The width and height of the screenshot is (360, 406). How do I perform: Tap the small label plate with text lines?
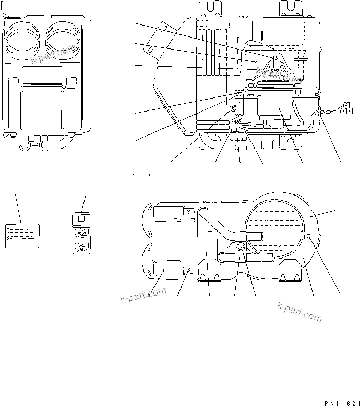[22, 235]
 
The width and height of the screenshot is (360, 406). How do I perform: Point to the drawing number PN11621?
[342, 402]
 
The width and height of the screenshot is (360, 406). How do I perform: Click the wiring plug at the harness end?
[345, 109]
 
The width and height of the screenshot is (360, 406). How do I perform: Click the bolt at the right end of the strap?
[309, 236]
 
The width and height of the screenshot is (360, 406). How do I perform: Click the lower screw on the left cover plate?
[189, 269]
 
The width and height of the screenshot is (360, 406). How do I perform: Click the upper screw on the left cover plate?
[189, 212]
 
